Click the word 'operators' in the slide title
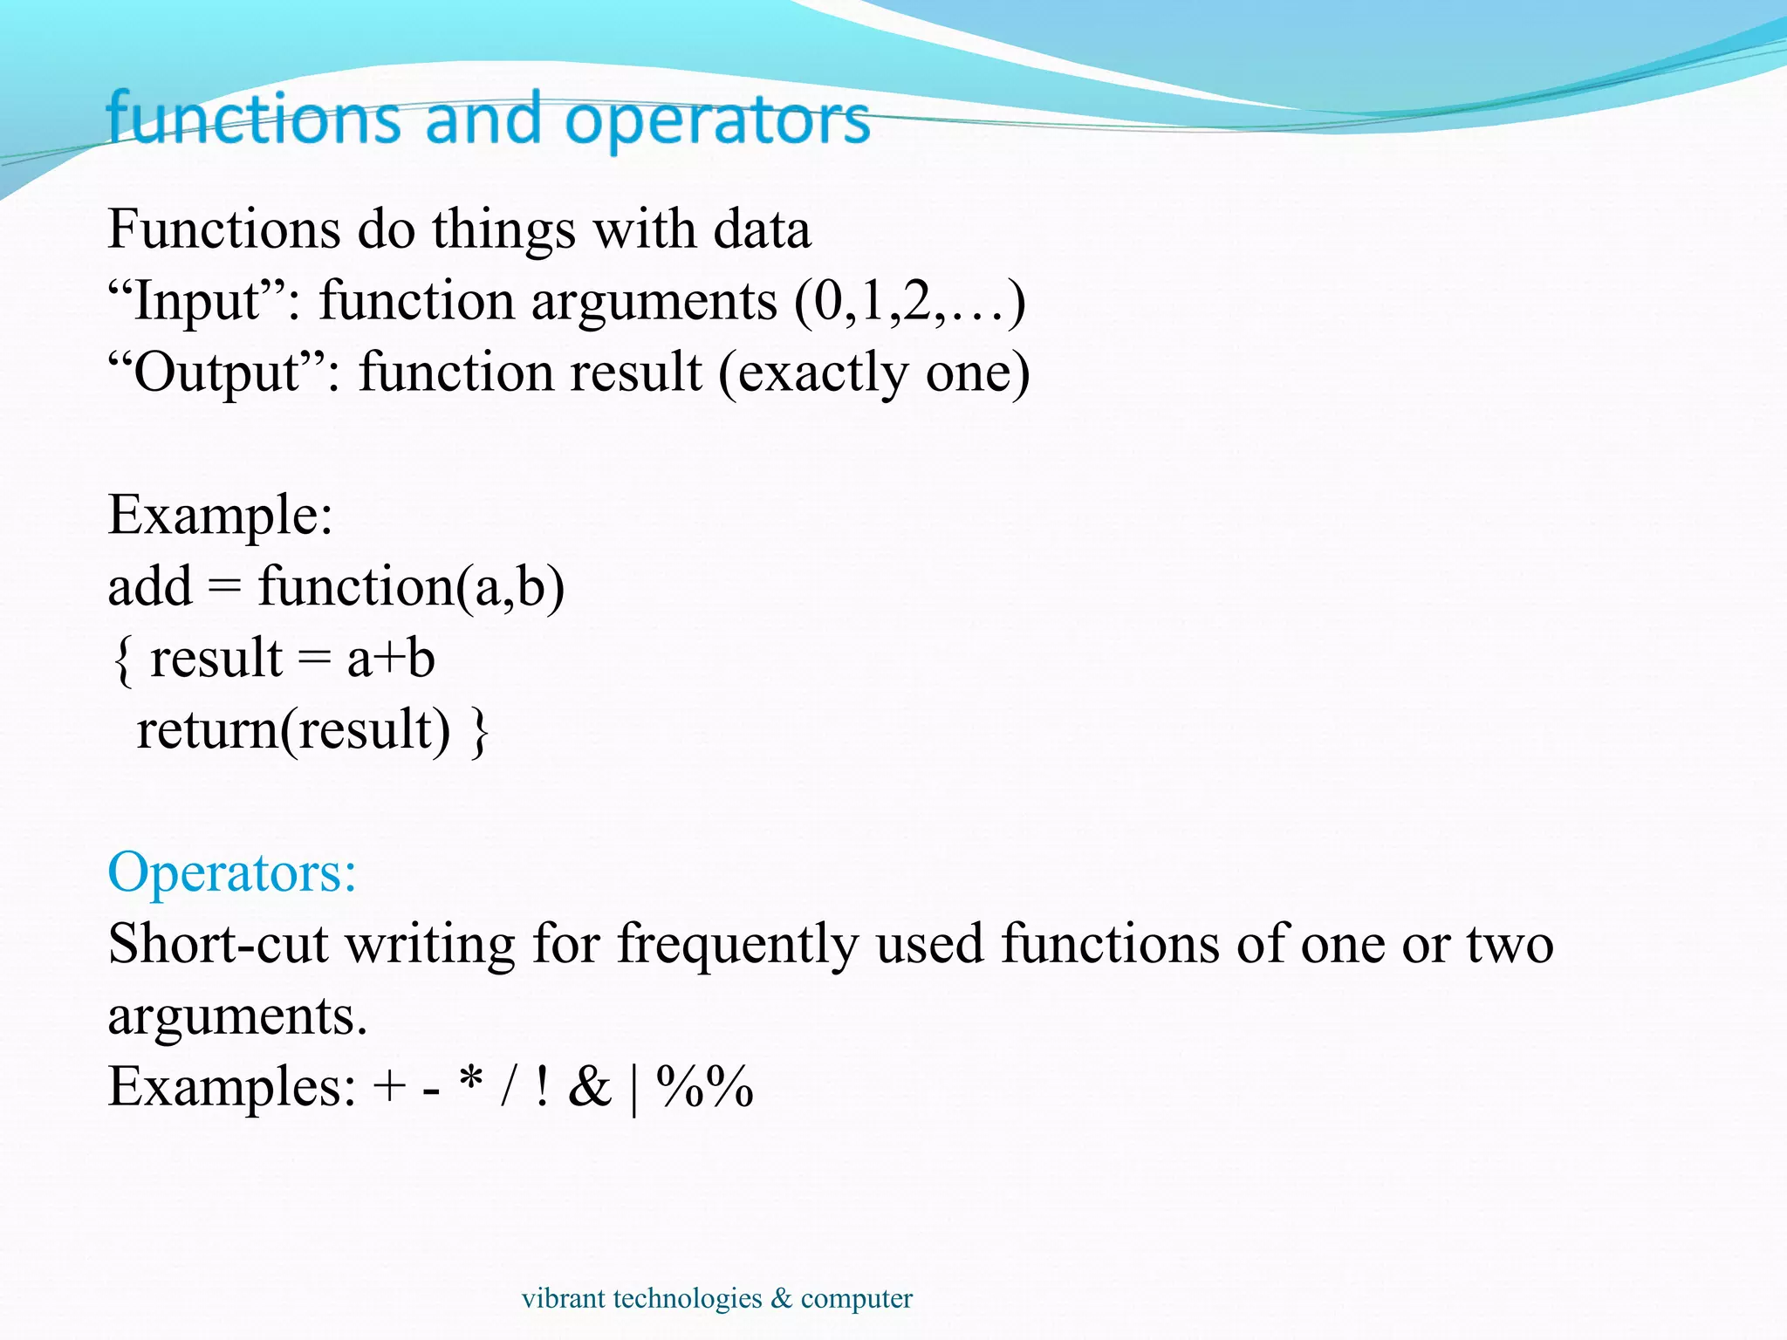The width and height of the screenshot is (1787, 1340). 717,120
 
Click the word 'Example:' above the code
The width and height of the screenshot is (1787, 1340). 220,515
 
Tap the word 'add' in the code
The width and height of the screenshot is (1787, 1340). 149,586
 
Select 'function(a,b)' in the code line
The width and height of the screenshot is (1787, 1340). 411,586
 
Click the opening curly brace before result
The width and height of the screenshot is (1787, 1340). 123,660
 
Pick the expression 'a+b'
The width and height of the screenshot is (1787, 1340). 390,659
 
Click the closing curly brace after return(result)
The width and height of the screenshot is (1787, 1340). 479,731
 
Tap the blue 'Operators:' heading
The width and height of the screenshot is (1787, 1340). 232,872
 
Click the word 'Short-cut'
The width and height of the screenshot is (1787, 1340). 218,944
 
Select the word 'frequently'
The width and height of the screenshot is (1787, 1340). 737,944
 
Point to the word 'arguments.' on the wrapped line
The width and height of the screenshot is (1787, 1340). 237,1016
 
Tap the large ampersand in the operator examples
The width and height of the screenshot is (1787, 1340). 590,1087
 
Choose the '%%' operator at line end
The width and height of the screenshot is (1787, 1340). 704,1087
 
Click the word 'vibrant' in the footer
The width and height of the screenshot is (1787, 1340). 563,1298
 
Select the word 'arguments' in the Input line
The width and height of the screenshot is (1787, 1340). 654,302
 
